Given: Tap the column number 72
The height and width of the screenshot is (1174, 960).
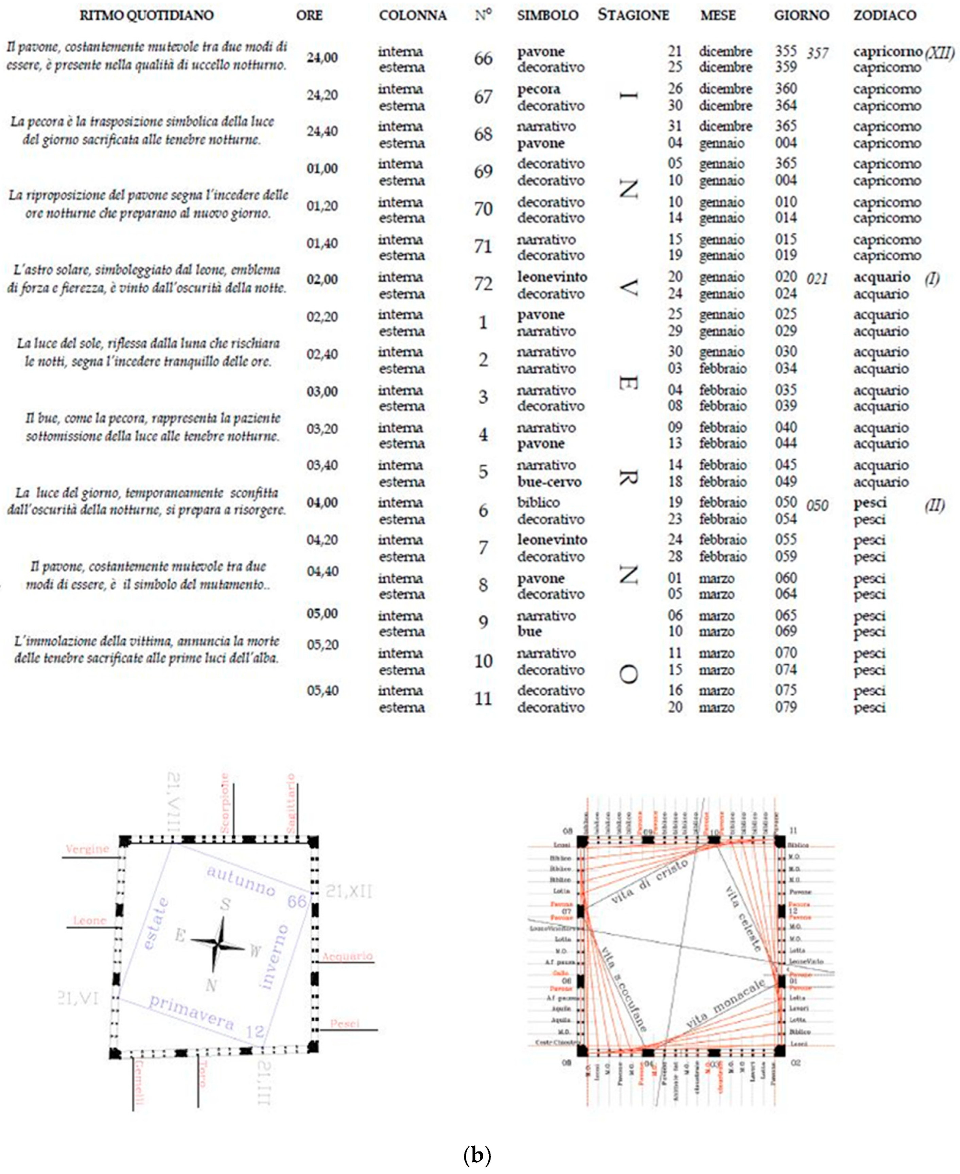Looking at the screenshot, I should [x=483, y=284].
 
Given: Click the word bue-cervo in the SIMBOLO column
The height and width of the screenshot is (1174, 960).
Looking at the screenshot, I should [x=549, y=482].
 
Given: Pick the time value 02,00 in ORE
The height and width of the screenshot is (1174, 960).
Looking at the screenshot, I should [x=322, y=280].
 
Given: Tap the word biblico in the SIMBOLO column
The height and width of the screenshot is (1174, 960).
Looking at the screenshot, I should [x=538, y=503].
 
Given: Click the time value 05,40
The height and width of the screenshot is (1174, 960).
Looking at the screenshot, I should [x=322, y=691].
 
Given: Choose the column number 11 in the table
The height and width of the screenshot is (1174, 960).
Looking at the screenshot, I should [x=483, y=699].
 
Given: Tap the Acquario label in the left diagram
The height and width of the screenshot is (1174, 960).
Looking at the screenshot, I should [x=347, y=956].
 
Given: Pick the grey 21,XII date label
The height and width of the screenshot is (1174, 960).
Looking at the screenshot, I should [x=348, y=891].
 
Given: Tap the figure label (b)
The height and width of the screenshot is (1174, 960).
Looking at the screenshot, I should [x=477, y=1155].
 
